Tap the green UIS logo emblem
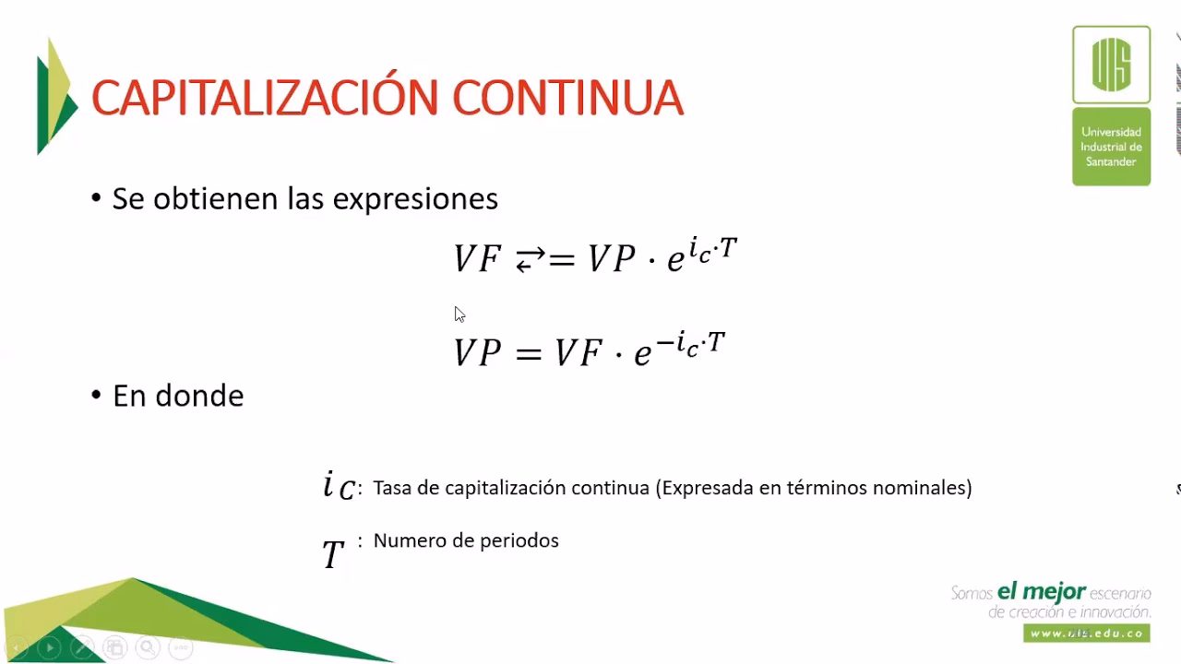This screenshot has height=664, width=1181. pos(1111,65)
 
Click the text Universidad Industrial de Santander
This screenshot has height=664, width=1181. pos(1111,147)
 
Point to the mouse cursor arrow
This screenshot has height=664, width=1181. pos(459,314)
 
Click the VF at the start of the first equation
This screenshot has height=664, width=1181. pos(477,259)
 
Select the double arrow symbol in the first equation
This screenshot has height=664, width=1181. pos(530,261)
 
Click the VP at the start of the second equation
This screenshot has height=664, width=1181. pos(477,352)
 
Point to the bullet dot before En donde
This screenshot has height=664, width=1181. pos(96,394)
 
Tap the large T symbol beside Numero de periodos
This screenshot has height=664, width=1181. pos(332,554)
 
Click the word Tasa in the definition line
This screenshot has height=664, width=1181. pos(393,488)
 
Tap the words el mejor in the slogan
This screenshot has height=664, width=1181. pos(1042,591)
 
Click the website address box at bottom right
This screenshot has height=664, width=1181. pos(1087,634)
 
